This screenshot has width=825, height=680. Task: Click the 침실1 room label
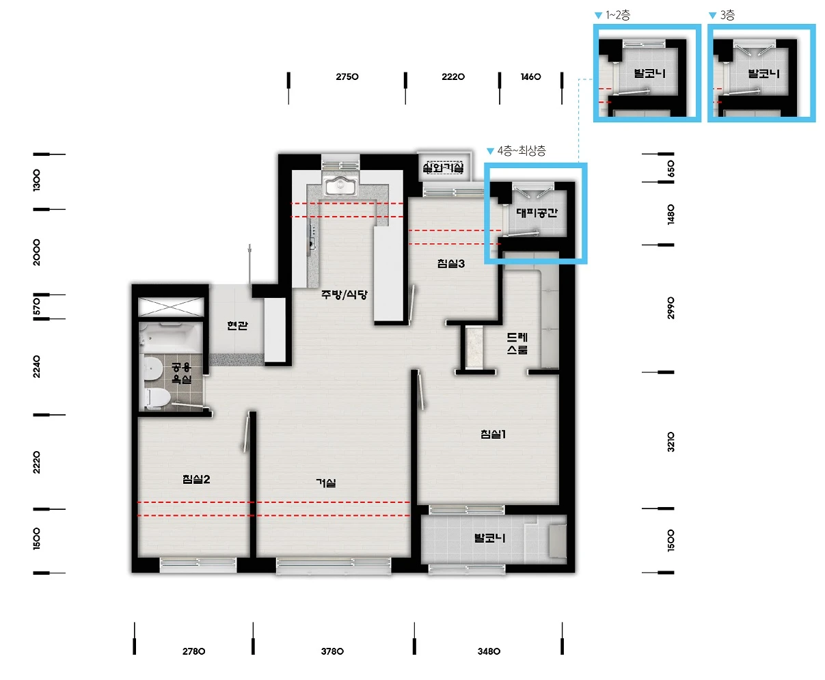pos(493,434)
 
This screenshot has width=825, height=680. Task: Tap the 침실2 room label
pos(196,479)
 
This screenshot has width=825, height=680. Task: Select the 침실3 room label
pos(451,264)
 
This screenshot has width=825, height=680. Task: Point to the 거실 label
pos(326,482)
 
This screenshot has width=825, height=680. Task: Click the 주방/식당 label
pos(344,295)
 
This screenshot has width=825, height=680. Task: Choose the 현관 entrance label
pos(237,325)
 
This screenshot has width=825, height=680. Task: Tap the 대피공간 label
pos(537,213)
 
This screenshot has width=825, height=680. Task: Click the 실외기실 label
pos(443,168)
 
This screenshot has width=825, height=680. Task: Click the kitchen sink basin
pos(340,186)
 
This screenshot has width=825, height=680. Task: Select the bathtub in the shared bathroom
pos(170,338)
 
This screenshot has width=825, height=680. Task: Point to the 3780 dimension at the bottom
pos(332,651)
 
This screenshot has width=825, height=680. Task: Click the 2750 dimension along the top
pos(347,77)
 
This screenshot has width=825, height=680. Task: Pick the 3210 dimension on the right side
pos(671,441)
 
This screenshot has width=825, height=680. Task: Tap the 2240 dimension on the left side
pos(36,367)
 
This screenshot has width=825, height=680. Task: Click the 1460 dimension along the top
pos(530,77)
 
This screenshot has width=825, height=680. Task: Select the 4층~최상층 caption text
pos(522,150)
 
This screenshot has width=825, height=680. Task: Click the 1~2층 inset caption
pos(618,16)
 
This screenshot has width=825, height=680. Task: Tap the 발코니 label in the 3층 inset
pos(763,74)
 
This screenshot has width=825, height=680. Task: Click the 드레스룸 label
pos(517,343)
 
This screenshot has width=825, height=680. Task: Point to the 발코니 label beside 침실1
pos(489,538)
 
